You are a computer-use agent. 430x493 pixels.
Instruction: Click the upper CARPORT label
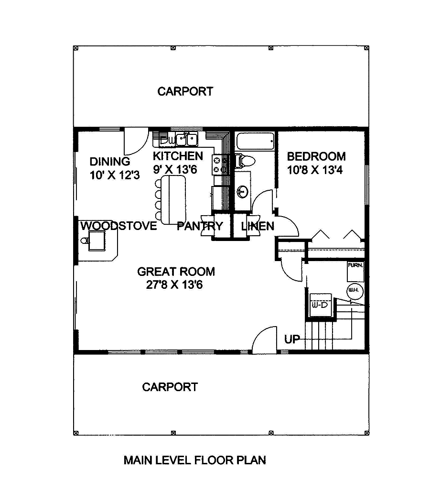(x=185, y=91)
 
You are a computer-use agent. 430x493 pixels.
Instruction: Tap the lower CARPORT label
(x=170, y=387)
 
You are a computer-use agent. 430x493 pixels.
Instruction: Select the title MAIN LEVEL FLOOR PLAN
(x=194, y=460)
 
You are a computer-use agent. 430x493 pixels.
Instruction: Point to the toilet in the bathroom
(x=245, y=160)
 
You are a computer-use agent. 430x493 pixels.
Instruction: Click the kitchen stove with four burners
(x=219, y=164)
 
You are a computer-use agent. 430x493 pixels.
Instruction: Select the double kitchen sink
(x=187, y=139)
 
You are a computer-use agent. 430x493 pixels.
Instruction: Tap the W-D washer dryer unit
(x=319, y=305)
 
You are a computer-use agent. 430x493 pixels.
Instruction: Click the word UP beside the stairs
(x=292, y=340)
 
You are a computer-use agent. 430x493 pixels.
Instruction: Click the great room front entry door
(x=264, y=341)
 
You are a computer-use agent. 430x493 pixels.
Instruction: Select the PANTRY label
(x=200, y=226)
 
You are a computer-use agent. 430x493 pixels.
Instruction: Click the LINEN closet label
(x=258, y=226)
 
